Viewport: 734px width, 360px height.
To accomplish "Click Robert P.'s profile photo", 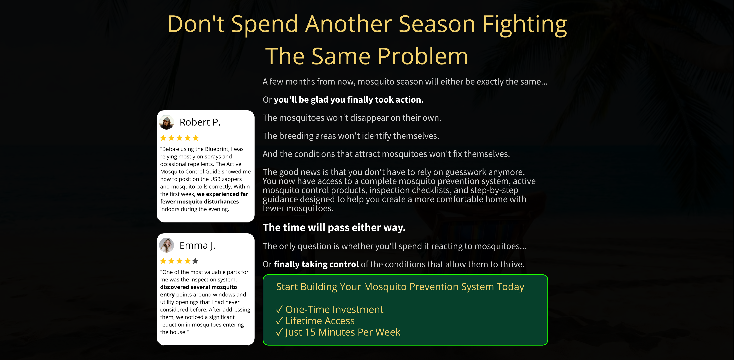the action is (x=166, y=122).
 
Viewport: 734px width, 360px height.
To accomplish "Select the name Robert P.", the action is (x=200, y=122).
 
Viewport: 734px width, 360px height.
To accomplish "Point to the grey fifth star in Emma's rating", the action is (x=195, y=261).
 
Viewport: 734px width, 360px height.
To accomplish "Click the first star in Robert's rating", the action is (x=163, y=138).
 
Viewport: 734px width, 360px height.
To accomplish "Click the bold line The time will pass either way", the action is (x=334, y=228).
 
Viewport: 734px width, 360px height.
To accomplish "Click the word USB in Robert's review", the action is (x=215, y=179).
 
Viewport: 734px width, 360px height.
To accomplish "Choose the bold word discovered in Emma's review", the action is (x=175, y=287).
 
